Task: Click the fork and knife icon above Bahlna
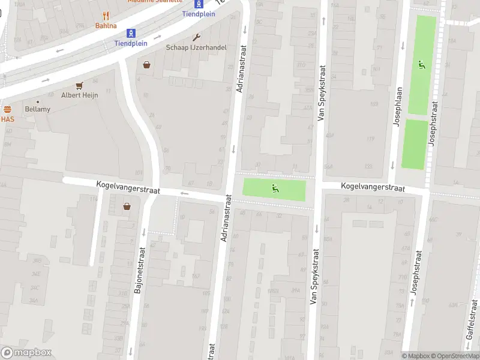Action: (106, 16)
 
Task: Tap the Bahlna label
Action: (106, 26)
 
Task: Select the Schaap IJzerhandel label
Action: (196, 47)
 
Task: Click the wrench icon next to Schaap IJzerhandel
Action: (196, 37)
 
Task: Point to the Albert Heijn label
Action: (79, 95)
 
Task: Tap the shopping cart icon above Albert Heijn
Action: (79, 85)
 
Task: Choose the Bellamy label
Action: (38, 109)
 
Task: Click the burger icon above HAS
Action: (7, 110)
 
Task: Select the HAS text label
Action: (7, 119)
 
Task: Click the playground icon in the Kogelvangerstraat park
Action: (275, 188)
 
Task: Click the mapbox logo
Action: (26, 353)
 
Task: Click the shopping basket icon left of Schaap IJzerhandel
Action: (146, 64)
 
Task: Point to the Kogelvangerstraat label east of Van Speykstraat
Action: (373, 188)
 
